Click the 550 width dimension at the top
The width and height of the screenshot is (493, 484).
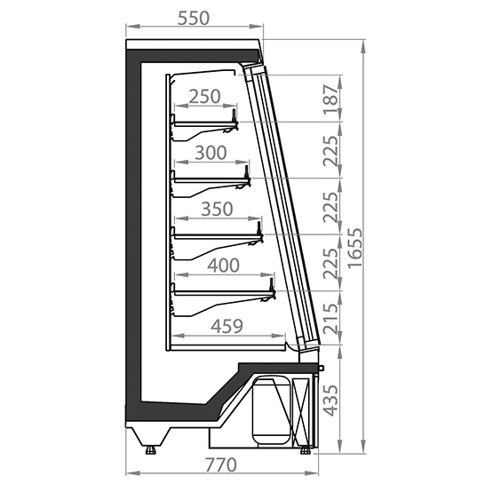(x=194, y=19)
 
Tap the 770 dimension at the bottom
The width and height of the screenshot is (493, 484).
(x=220, y=464)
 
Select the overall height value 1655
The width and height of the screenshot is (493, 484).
(x=355, y=249)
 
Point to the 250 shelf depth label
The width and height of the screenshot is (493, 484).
(x=204, y=97)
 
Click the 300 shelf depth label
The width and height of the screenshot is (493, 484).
(x=211, y=153)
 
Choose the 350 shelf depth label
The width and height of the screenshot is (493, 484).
(x=217, y=209)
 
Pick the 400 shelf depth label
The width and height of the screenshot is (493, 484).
(x=223, y=266)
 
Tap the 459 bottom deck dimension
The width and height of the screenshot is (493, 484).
(x=227, y=326)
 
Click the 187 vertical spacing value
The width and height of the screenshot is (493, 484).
(x=331, y=99)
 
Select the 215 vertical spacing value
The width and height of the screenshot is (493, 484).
(x=331, y=318)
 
